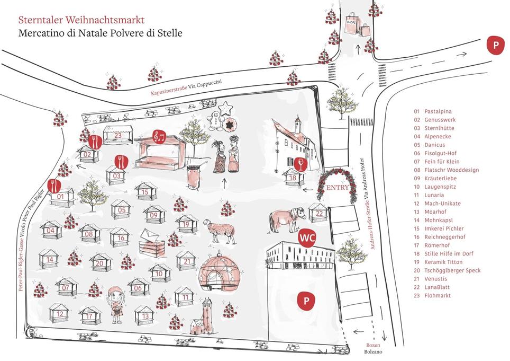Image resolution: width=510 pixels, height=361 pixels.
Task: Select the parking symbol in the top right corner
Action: (x=496, y=46)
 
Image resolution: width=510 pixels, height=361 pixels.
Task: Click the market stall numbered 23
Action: (x=118, y=136)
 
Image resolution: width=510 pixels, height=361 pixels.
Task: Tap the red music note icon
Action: (x=159, y=136)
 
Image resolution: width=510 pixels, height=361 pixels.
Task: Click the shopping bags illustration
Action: (x=358, y=27)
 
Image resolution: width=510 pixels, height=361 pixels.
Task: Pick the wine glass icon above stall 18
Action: (x=300, y=164)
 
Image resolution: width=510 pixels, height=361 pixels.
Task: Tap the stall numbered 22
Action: (x=319, y=213)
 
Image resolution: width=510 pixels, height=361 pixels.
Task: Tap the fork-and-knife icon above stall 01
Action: (x=53, y=186)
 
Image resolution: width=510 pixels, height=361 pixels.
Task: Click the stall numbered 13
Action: (x=144, y=316)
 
